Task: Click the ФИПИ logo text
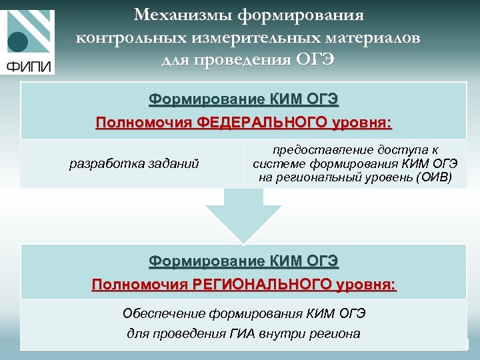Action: pyautogui.click(x=27, y=65)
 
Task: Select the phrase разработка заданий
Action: pyautogui.click(x=134, y=163)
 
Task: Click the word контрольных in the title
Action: pyautogui.click(x=135, y=37)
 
